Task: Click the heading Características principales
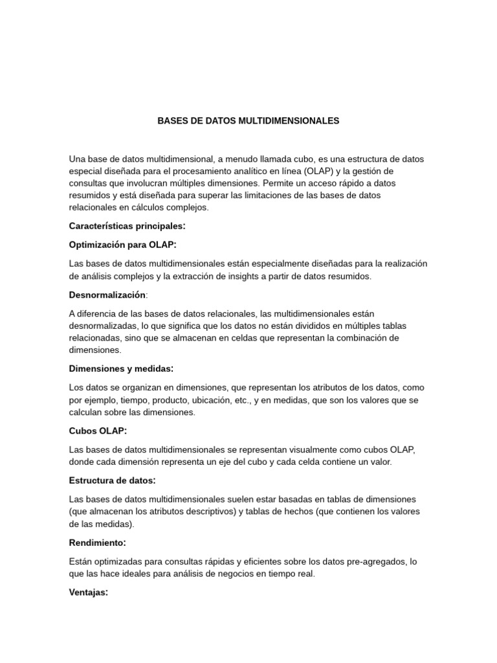click(x=126, y=226)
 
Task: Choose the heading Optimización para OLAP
click(x=122, y=245)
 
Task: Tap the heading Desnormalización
click(x=107, y=295)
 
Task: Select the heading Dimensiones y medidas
click(x=120, y=369)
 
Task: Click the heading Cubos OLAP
click(x=98, y=431)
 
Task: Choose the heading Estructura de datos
click(x=112, y=481)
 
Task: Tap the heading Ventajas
click(x=88, y=592)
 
